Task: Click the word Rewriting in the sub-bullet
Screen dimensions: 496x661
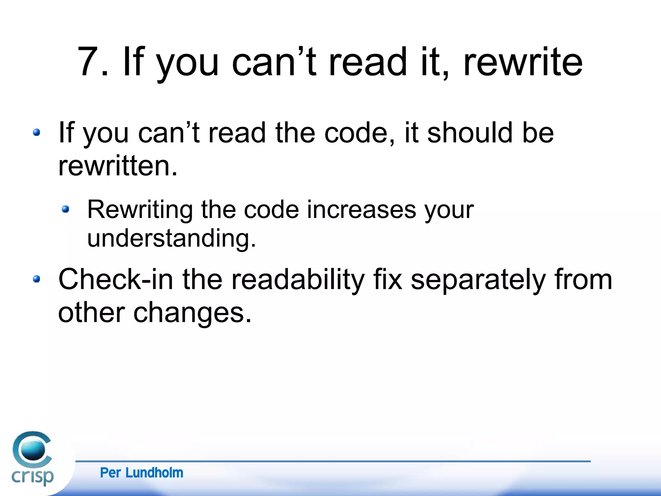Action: [x=140, y=210]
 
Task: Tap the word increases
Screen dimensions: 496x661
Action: [x=361, y=210]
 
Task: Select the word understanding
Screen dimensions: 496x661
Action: [x=171, y=238]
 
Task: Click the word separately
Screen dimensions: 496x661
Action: [x=478, y=280]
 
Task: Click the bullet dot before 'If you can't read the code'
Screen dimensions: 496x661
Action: [x=36, y=132]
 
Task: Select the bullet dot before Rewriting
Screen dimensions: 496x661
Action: [x=66, y=209]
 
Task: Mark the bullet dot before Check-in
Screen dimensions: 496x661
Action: [x=36, y=279]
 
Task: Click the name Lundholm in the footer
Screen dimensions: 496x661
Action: [x=154, y=473]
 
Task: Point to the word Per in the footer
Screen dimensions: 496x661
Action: [x=110, y=473]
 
